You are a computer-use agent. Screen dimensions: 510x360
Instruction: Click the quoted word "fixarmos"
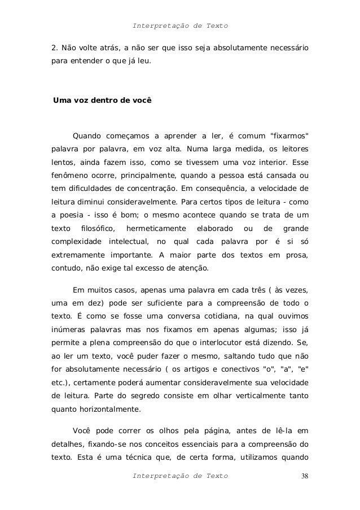290,136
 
